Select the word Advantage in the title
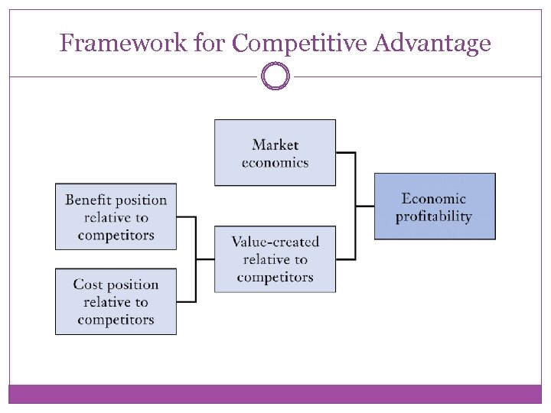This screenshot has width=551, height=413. coord(432,44)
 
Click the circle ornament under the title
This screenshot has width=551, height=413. coord(275,76)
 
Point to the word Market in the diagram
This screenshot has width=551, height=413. coord(275,145)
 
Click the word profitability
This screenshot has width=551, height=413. coord(434,216)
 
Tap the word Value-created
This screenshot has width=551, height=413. coord(275,242)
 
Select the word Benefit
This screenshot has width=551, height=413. coord(89,200)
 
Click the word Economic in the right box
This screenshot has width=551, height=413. coord(434,199)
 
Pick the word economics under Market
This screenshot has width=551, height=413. coord(275,162)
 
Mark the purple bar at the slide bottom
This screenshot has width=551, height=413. coord(275,394)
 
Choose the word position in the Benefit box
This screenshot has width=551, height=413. coord(142,200)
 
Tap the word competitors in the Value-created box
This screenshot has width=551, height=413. coord(275,277)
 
